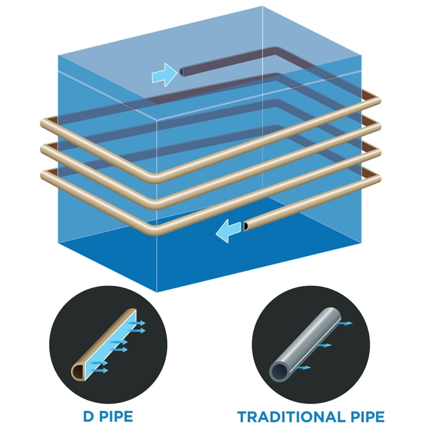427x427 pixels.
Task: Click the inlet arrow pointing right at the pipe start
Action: click(x=164, y=75)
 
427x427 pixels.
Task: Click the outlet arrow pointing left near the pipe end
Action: click(x=228, y=231)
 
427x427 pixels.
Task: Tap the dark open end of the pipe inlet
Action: click(x=181, y=72)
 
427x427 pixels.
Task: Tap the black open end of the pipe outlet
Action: click(x=246, y=226)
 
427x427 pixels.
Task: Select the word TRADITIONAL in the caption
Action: click(x=290, y=417)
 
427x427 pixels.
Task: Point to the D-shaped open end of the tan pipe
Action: click(x=79, y=372)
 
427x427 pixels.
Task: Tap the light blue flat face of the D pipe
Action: click(x=111, y=345)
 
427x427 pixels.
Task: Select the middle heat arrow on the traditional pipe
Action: click(x=325, y=345)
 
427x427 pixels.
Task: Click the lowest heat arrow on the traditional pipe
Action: click(x=304, y=368)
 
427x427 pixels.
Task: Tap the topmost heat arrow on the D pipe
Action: click(x=137, y=323)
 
